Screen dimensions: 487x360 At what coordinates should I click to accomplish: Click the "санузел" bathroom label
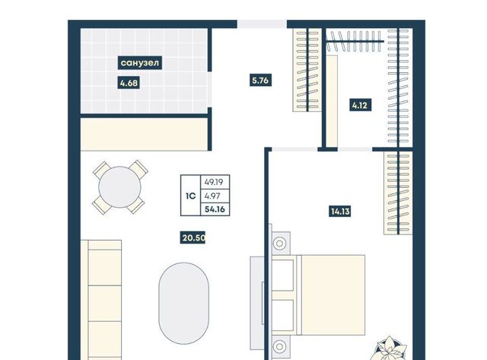(140, 62)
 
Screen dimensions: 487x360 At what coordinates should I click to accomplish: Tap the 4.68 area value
(129, 83)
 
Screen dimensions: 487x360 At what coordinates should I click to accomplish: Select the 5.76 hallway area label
(260, 81)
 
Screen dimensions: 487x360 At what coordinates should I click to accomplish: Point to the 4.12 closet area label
(360, 105)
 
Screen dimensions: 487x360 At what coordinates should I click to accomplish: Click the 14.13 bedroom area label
(340, 212)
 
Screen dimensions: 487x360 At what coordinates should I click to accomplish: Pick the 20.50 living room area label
(193, 238)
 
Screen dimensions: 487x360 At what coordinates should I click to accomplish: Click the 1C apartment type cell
(190, 196)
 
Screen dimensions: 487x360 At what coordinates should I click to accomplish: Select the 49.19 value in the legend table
(214, 182)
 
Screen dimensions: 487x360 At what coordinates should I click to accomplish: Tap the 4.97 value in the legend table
(212, 196)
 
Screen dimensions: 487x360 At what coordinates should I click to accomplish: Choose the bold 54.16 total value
(215, 209)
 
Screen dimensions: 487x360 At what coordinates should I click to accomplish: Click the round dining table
(119, 187)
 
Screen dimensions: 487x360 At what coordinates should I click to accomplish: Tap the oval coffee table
(183, 303)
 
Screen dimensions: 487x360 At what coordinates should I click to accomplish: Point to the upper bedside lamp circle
(279, 244)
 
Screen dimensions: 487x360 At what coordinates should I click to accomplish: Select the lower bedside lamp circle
(279, 346)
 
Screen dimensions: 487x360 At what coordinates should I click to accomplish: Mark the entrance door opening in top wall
(262, 24)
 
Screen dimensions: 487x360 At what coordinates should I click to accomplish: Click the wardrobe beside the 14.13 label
(398, 193)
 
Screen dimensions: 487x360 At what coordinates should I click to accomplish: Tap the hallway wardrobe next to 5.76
(307, 70)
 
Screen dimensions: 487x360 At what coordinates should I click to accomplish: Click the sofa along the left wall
(101, 300)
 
